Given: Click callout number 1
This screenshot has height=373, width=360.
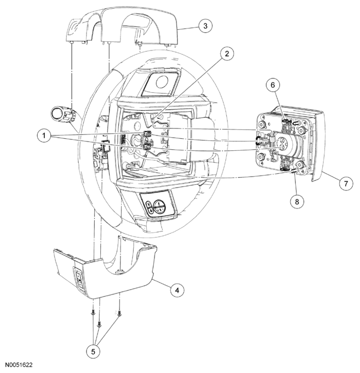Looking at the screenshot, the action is pyautogui.click(x=44, y=136).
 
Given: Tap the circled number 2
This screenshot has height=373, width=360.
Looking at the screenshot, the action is pyautogui.click(x=227, y=54).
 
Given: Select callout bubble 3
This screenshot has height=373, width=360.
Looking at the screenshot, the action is pyautogui.click(x=205, y=26).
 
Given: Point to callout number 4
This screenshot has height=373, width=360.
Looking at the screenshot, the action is pyautogui.click(x=177, y=290).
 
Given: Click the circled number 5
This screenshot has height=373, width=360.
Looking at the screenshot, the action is pyautogui.click(x=93, y=352).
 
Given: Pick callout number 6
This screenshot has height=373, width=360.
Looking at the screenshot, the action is pyautogui.click(x=273, y=85).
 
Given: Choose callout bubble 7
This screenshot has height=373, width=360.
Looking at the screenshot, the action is pyautogui.click(x=346, y=183).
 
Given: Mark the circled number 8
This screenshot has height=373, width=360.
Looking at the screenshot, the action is pyautogui.click(x=297, y=202).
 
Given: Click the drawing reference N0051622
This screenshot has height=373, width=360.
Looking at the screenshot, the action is pyautogui.click(x=19, y=365).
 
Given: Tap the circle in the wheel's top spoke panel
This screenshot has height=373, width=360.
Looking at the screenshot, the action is pyautogui.click(x=162, y=82).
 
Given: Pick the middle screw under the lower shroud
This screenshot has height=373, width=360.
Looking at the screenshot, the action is pyautogui.click(x=99, y=323).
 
